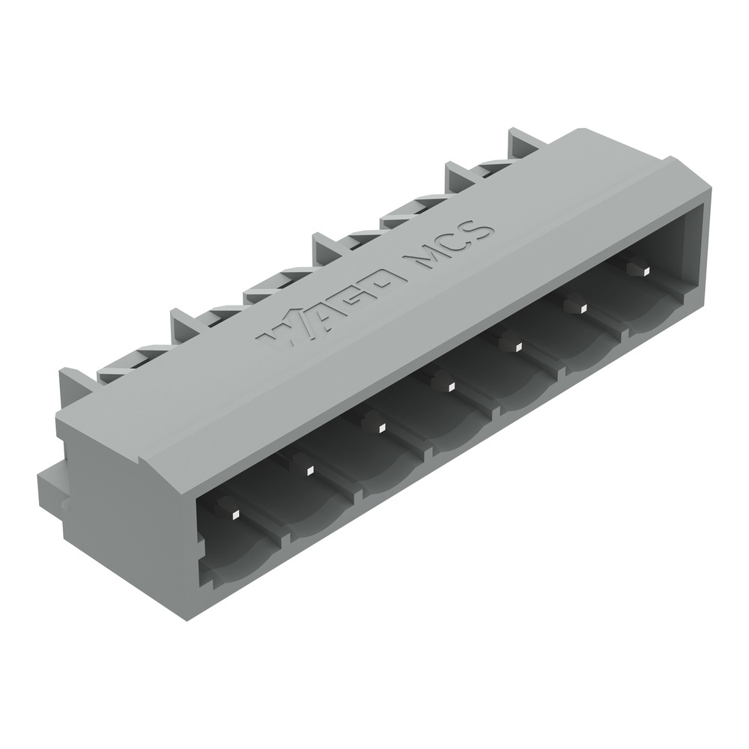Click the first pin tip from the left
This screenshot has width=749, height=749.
(x=234, y=515)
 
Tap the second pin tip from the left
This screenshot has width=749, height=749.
(x=309, y=471)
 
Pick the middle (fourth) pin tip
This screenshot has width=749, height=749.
(x=450, y=386)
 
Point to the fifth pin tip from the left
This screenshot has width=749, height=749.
(x=516, y=346)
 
